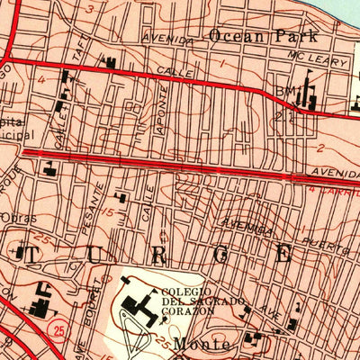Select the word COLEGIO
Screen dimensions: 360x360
point(186,292)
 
